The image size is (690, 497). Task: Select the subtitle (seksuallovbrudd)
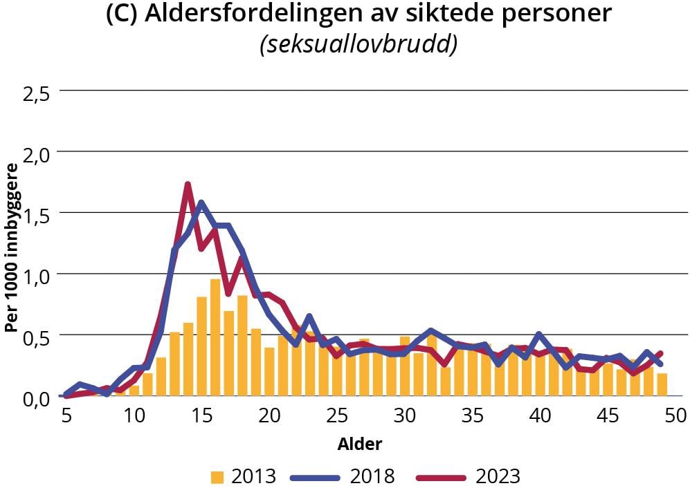[358, 44]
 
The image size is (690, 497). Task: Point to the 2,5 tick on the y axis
[35, 93]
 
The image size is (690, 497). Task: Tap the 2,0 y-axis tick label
[35, 154]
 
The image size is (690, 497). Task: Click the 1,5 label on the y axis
[35, 215]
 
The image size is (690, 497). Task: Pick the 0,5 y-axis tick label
[35, 337]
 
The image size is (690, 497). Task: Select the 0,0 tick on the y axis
[35, 399]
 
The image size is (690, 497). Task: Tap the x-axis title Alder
[359, 443]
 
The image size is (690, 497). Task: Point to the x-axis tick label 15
[201, 417]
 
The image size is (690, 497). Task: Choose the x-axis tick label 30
[404, 417]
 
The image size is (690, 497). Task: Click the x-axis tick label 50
[675, 417]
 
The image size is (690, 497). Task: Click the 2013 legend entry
[243, 476]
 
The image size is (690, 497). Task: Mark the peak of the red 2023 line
[188, 184]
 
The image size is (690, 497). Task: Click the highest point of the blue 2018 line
[201, 203]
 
